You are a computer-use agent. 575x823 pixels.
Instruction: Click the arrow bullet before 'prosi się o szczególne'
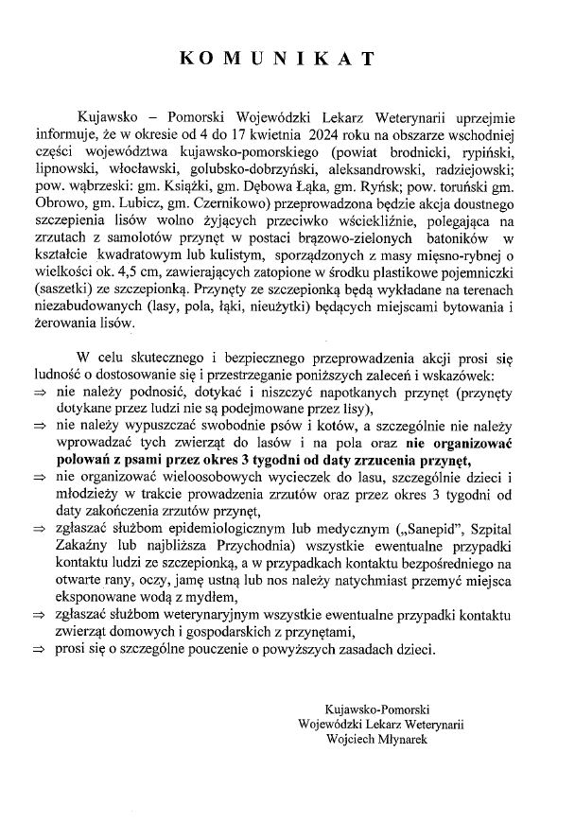tap(40, 650)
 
